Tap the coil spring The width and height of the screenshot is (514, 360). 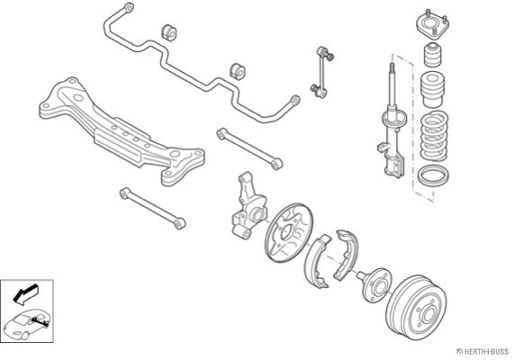pos(434,137)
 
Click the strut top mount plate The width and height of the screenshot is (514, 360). pos(432,25)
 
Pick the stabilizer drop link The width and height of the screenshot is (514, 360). pos(322,73)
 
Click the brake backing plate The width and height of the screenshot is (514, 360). pos(288,233)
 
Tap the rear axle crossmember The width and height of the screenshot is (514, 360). pos(122,131)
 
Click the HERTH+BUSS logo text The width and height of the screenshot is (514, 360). pos(482,352)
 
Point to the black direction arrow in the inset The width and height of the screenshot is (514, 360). pos(25,292)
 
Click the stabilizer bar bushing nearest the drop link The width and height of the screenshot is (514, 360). pos(238,71)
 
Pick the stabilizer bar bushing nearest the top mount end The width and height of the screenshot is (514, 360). pos(169,32)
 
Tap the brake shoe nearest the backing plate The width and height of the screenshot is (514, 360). pos(316,261)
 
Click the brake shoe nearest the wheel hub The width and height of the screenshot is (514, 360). pos(347,254)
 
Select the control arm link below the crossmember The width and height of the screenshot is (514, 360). pos(153,209)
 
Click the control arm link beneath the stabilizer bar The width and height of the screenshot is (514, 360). pos(249,148)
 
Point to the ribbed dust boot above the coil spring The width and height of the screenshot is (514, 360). pos(433,89)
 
